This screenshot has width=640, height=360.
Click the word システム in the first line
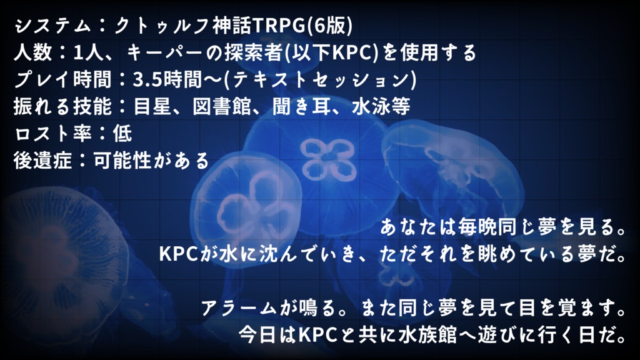click(x=52, y=26)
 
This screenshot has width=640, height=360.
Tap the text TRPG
click(x=279, y=26)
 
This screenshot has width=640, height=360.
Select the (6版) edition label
click(x=329, y=26)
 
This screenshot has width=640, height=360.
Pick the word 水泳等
click(x=381, y=106)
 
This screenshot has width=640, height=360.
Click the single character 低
click(x=122, y=134)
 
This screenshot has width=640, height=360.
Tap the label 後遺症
click(x=42, y=161)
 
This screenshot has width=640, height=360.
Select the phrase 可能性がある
click(x=151, y=161)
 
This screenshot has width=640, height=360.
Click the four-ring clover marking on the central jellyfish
click(x=327, y=160)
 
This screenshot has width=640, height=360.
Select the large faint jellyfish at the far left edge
click(x=61, y=261)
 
